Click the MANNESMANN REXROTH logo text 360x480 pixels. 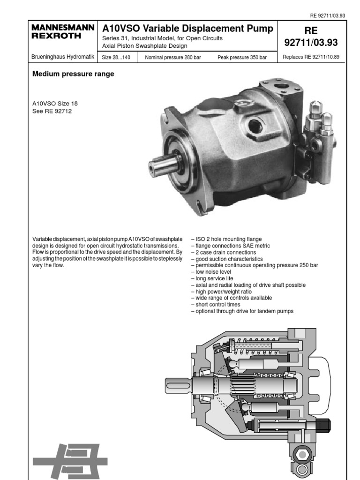pos(63,32)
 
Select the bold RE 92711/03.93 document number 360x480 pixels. pos(311,37)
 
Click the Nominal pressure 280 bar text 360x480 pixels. pos(173,58)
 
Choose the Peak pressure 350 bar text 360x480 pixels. pos(242,58)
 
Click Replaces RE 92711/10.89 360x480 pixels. pos(311,58)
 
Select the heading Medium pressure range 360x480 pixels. pos(73,74)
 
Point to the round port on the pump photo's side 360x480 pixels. pos(255,125)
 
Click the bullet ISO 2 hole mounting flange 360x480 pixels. pos(226,239)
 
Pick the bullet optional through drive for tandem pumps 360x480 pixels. pos(242,311)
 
